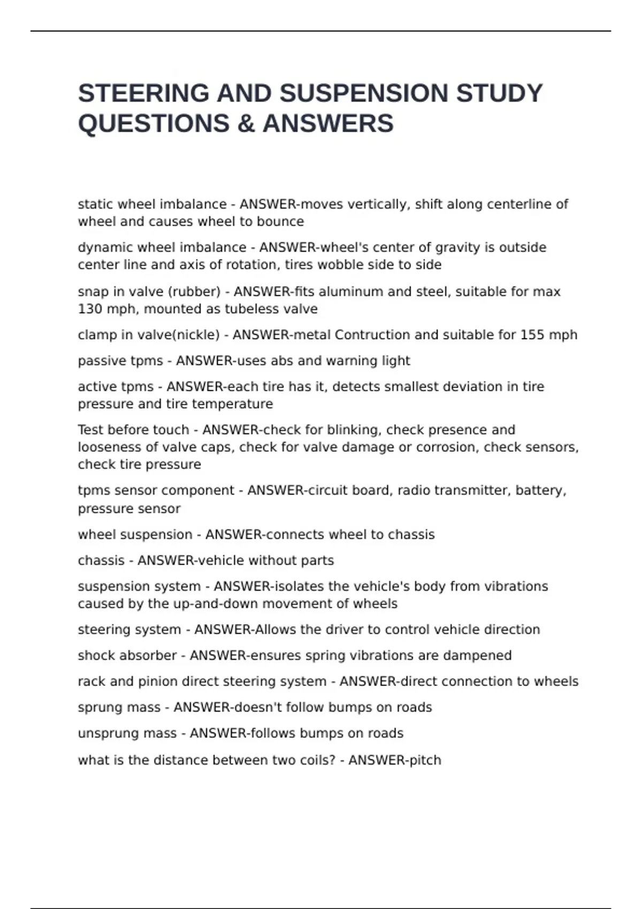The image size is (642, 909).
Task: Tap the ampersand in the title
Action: coord(246,124)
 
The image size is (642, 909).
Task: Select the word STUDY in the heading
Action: coord(499,94)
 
